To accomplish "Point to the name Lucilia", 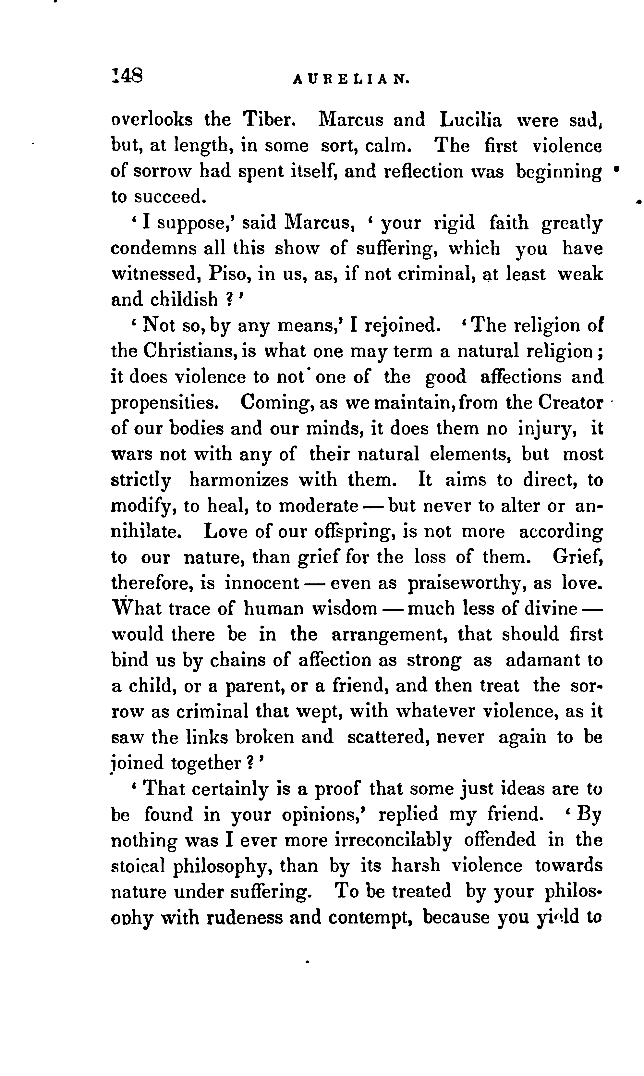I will (471, 119).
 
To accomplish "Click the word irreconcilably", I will (393, 840).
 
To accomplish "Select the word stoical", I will (138, 866).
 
